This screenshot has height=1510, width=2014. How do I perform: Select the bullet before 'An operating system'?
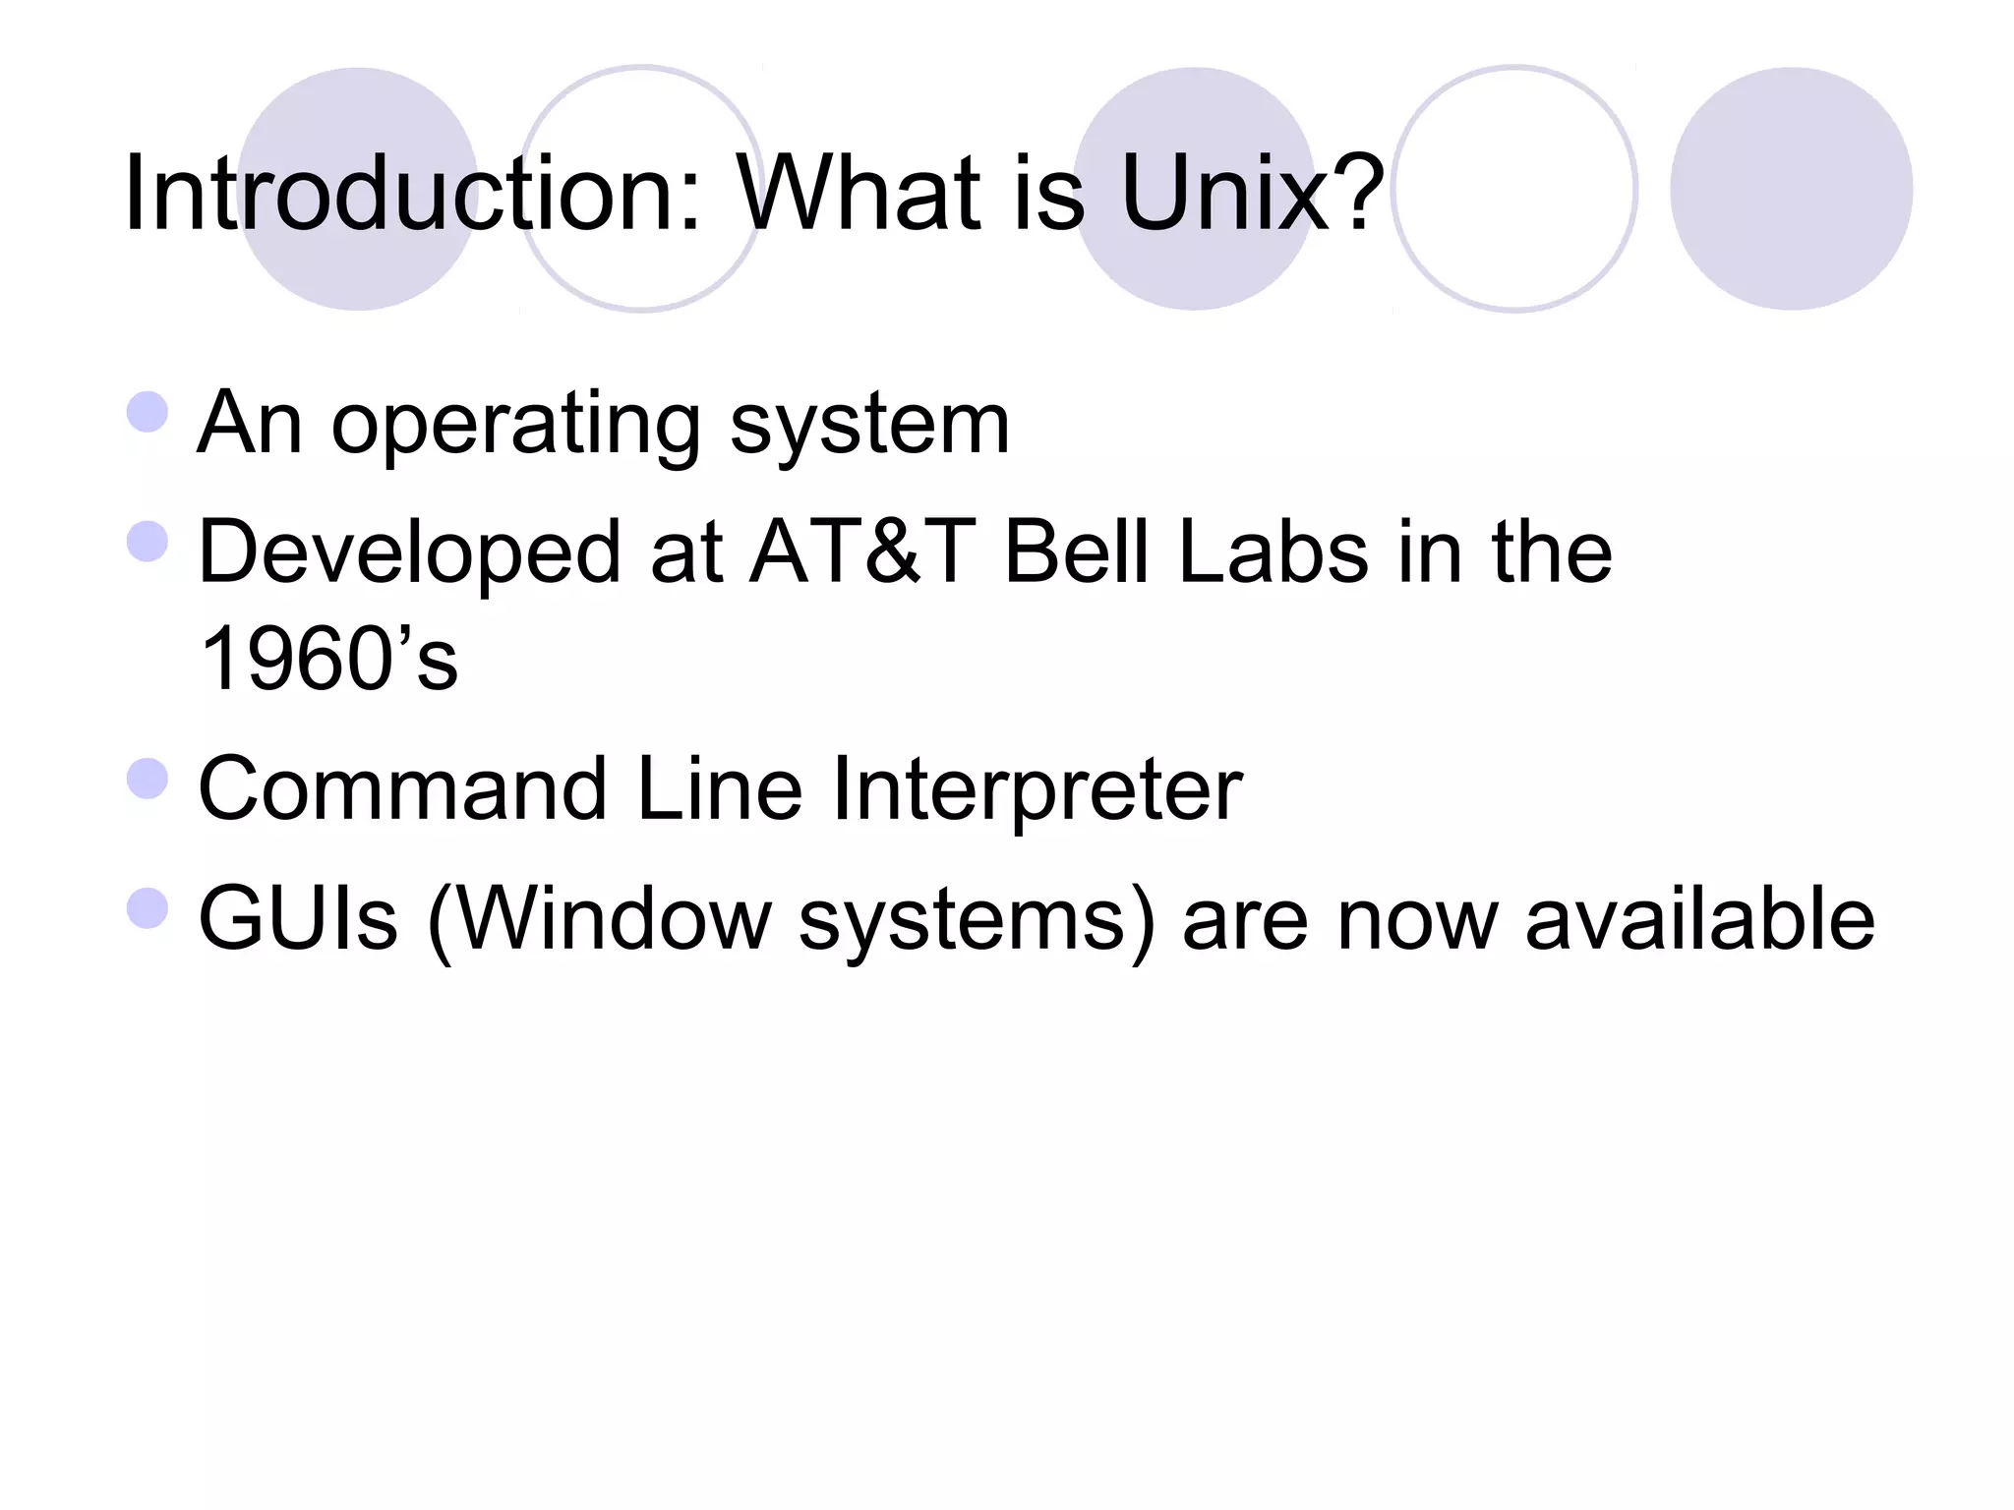click(x=148, y=412)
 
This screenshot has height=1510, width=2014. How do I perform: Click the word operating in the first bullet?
click(x=515, y=427)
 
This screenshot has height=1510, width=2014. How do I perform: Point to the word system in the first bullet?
click(x=869, y=425)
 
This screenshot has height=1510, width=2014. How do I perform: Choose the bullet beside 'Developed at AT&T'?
click(x=148, y=541)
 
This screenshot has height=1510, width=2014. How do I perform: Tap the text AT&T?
click(x=862, y=552)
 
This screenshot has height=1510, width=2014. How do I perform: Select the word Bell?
click(x=1077, y=552)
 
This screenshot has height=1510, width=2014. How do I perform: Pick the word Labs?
click(x=1274, y=552)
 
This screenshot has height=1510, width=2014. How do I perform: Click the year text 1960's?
click(x=328, y=659)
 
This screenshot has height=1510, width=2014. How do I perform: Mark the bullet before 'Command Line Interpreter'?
click(x=148, y=779)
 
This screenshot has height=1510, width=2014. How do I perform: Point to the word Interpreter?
click(x=1037, y=791)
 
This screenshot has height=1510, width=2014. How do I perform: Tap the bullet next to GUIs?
click(x=148, y=907)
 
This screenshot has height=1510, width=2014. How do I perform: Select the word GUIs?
click(x=298, y=918)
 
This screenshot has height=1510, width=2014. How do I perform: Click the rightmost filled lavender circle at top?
click(x=1791, y=189)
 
